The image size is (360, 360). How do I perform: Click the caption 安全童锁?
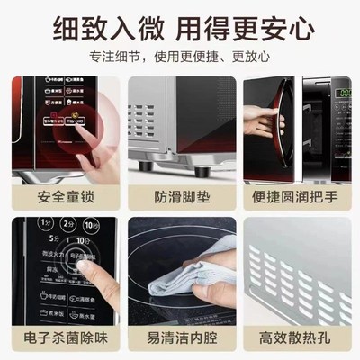click(x=62, y=195)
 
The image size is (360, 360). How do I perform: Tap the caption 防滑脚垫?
click(x=180, y=195)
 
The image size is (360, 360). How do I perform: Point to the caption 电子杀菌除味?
click(x=62, y=339)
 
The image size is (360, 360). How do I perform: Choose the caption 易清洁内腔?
click(x=180, y=339)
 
